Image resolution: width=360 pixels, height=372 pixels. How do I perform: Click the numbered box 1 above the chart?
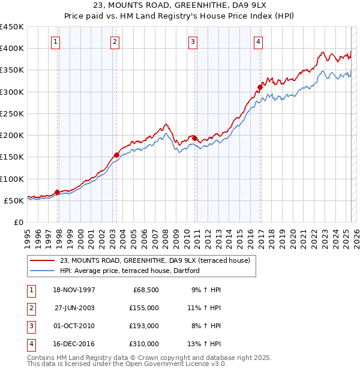point(55,42)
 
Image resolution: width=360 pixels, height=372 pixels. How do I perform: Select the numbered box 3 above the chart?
point(193,42)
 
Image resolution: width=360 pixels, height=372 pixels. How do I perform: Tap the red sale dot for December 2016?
point(260,87)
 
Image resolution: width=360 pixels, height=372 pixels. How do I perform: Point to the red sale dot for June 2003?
point(116,155)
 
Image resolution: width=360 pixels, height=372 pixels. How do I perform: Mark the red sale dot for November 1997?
point(58,192)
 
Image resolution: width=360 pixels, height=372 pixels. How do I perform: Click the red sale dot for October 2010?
point(194,138)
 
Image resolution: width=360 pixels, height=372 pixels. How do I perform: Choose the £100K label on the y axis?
point(12,179)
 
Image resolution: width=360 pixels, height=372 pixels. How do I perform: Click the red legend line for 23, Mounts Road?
point(42,260)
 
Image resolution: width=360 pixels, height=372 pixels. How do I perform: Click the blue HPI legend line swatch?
point(42,271)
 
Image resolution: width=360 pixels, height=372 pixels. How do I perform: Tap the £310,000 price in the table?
point(144,344)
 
